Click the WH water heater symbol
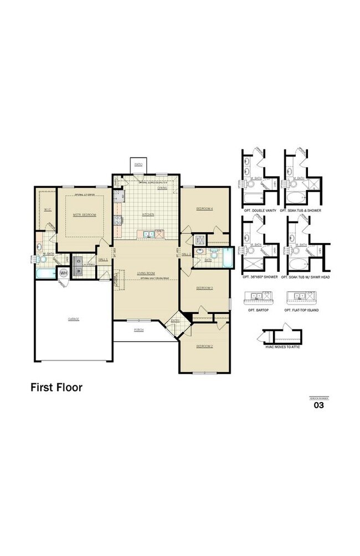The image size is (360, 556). pos(63,272)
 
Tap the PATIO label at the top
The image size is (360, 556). pos(138,164)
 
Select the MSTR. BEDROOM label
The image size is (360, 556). pos(85,214)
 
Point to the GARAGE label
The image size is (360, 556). pos(73,319)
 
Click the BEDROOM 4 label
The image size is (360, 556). pos(204,209)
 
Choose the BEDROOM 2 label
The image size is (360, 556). pos(204,346)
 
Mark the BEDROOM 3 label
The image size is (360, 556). pos(204,288)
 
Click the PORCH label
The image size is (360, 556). pos(139,329)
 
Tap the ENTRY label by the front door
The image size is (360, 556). pos(175,321)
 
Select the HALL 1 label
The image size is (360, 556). pos(103,259)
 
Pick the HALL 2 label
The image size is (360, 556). pos(186,254)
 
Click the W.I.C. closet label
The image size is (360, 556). pos(48,209)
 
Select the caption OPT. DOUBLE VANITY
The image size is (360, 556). pos(258,211)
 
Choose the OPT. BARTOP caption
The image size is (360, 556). pos(258,310)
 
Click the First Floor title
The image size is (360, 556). pos(56,388)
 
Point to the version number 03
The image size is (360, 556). pos(318,405)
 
